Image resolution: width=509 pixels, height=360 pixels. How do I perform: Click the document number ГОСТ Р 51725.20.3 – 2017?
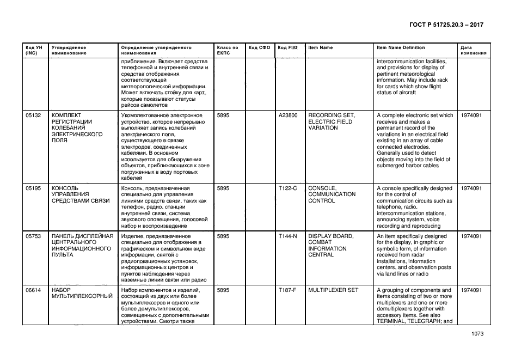pos(446,25)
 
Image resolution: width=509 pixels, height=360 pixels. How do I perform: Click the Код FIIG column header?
pos(287,47)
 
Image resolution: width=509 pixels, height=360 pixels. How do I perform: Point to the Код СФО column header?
pos(259,47)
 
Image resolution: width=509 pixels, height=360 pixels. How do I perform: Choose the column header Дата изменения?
pos(470,50)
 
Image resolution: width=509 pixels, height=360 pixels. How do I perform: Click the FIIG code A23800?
pos(288,115)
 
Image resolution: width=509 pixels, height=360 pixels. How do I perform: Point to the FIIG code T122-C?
pos(287,188)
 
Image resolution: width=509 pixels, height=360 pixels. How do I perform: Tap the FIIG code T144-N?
pos(287,236)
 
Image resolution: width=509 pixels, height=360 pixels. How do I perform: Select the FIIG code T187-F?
pos(287,290)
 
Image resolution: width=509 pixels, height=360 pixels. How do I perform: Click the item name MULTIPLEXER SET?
pos(333,290)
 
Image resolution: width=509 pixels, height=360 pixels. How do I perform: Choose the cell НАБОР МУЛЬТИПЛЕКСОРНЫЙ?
pos(82,293)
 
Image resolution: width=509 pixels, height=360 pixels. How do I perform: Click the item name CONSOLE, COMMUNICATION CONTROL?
pos(332,194)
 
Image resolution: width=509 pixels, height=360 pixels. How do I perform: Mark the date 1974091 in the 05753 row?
pos(471,236)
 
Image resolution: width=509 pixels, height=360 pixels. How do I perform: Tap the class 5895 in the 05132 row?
pos(223,115)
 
